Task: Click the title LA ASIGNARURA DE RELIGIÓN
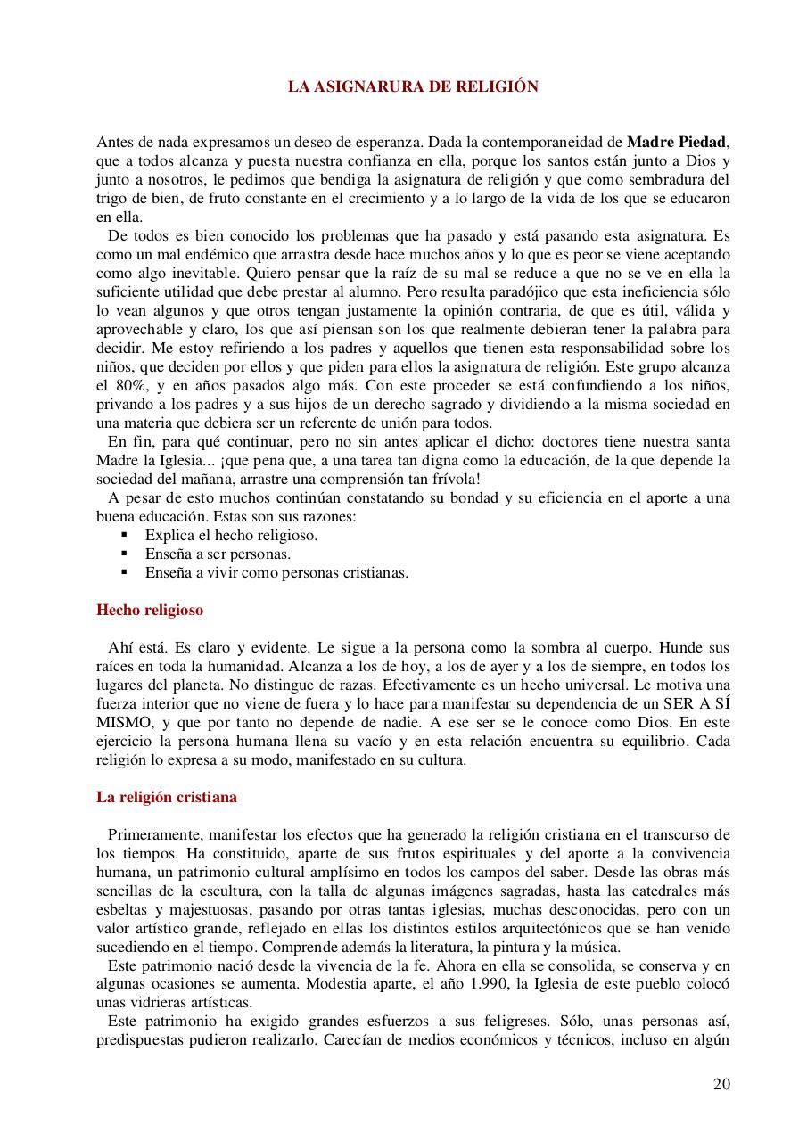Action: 413,86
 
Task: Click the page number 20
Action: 721,1084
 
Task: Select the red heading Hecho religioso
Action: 150,611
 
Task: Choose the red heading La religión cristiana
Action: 167,797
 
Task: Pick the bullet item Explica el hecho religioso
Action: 231,535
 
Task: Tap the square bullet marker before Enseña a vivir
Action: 125,572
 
